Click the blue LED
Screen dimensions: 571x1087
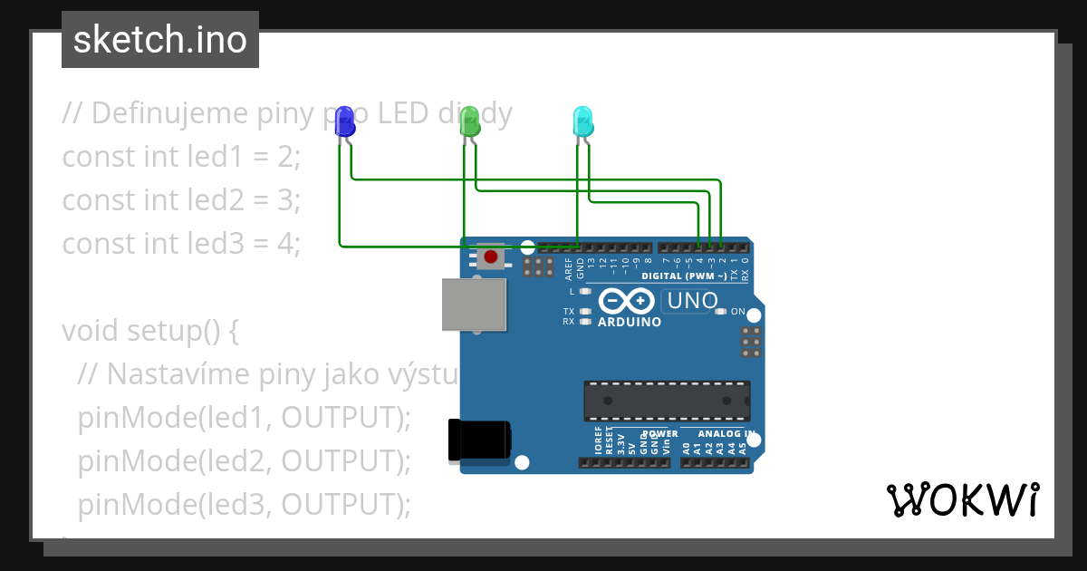345,122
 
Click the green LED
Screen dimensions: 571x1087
469,122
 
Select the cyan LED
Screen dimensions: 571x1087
583,122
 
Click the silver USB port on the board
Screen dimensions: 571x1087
474,304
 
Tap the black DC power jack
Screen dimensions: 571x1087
480,441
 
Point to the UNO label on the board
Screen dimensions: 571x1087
691,300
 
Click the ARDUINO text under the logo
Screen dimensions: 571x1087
629,322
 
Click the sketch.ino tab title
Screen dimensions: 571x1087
160,40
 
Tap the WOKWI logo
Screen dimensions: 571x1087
962,499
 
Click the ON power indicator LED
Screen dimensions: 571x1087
720,312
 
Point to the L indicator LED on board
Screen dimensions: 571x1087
585,292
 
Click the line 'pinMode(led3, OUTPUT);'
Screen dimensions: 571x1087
245,504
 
